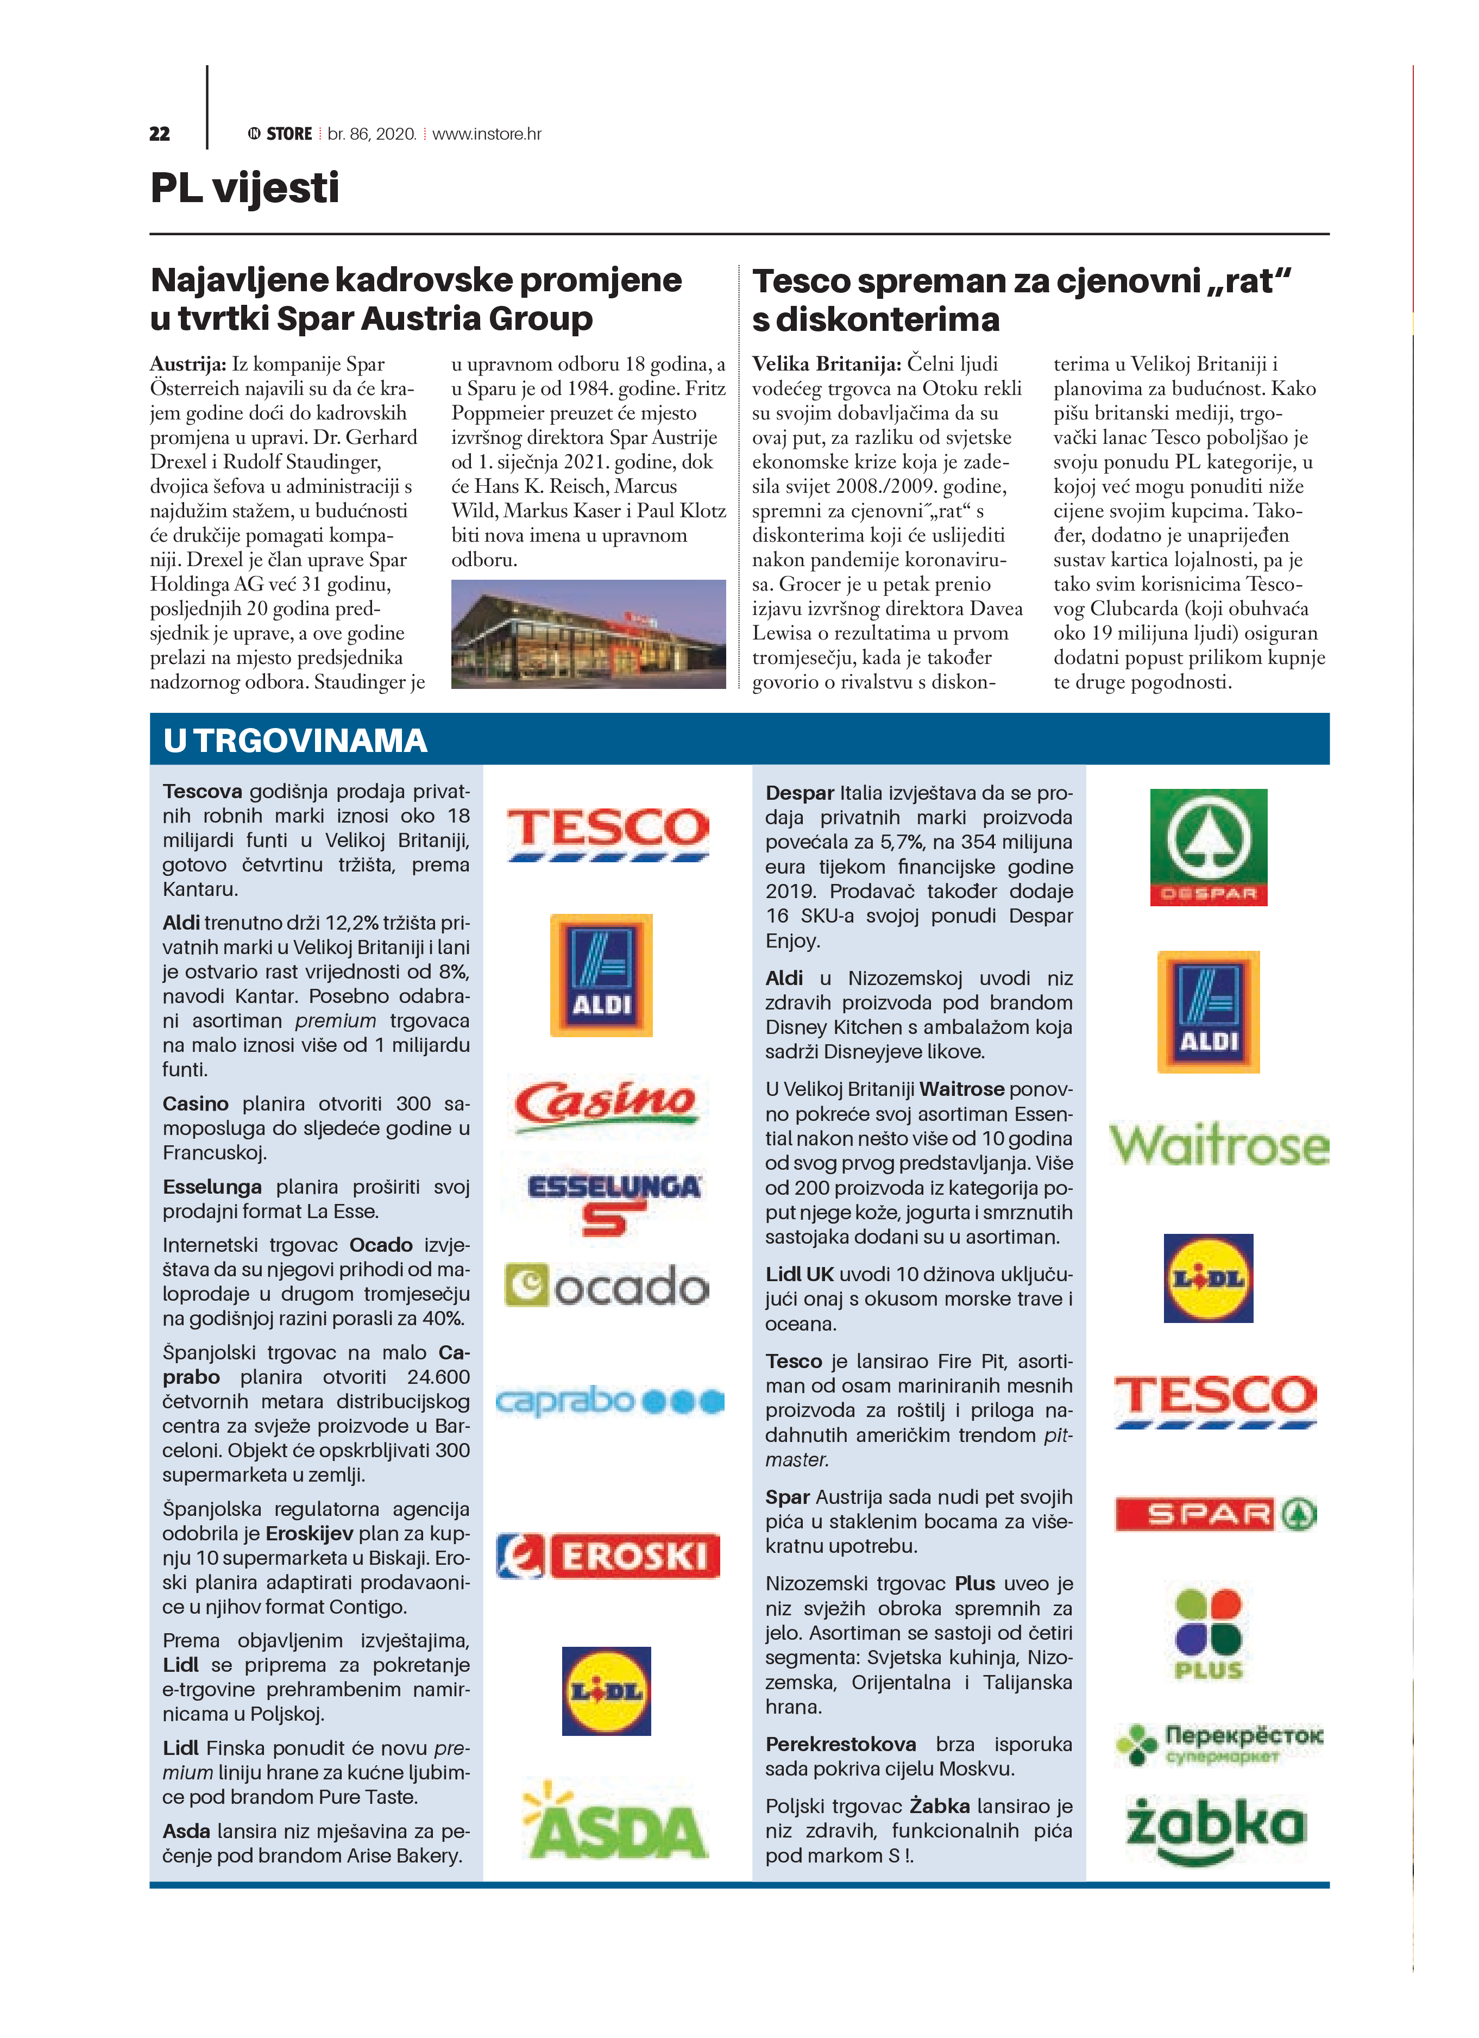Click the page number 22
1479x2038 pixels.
(x=159, y=134)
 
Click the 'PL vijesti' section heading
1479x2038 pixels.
(x=244, y=189)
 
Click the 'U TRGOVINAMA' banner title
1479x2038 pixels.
(x=295, y=741)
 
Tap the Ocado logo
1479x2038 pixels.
(x=607, y=1286)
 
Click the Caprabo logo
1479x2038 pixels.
(x=610, y=1401)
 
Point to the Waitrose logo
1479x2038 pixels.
(x=1218, y=1145)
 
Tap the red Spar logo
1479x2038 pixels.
(x=1216, y=1514)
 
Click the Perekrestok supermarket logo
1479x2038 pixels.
(x=1218, y=1744)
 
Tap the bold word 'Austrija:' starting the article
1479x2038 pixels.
(x=188, y=364)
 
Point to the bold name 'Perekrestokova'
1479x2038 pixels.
(x=840, y=1744)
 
